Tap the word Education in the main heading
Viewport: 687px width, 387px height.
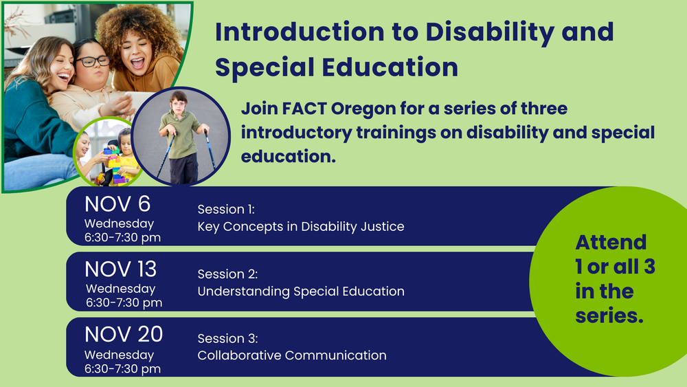click(390, 67)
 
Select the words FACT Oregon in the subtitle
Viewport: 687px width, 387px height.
click(339, 108)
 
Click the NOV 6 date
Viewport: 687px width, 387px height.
click(117, 204)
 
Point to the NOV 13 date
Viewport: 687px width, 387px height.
click(120, 269)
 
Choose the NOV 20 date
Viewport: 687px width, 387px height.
click(124, 334)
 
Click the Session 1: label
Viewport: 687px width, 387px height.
click(226, 210)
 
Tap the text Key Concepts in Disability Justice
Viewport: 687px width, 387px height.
click(301, 227)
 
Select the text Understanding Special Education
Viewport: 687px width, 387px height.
click(301, 291)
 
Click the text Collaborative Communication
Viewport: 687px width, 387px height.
click(292, 355)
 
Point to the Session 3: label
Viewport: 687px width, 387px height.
click(228, 338)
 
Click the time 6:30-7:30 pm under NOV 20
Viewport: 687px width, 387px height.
click(123, 369)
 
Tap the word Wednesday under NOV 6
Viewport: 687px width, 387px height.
click(119, 223)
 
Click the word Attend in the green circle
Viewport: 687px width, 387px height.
click(611, 243)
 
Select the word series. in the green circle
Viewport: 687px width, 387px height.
click(609, 316)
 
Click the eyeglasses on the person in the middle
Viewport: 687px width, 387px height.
click(93, 61)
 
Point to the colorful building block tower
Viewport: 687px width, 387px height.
click(115, 166)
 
